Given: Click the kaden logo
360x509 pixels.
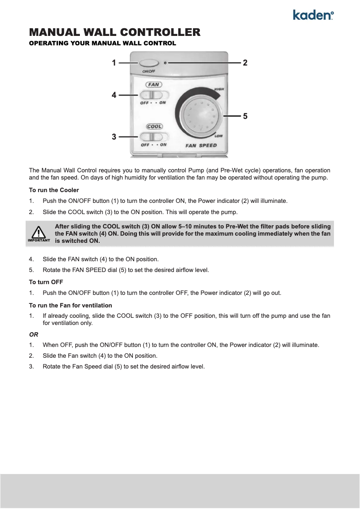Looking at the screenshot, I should coord(313,15).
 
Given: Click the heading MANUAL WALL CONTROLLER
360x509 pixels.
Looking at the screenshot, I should coord(114,32).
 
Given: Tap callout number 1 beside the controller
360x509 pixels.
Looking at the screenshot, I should coord(114,63).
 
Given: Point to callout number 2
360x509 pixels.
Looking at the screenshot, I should coord(245,63).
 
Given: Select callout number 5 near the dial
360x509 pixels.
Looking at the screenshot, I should coord(245,116).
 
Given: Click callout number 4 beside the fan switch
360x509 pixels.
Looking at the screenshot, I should coord(114,95).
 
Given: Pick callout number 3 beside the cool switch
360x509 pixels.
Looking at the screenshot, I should coord(114,136).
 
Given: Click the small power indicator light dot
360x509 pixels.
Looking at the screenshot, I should coord(166,63).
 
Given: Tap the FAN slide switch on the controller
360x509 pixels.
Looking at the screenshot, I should coord(153,95).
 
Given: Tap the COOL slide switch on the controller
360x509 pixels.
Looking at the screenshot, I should coord(153,137).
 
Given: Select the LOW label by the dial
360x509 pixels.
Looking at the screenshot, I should coord(219,136).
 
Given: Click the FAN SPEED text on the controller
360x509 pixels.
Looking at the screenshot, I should coord(201,145).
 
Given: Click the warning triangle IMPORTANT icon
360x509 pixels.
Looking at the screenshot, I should coord(39,233).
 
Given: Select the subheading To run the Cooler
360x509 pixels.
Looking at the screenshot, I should coord(54,190).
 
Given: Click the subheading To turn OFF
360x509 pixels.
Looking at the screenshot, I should coord(46,282).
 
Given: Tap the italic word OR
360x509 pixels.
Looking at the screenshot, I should coord(34,334).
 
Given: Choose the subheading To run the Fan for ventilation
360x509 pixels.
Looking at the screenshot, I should coord(70,305).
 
